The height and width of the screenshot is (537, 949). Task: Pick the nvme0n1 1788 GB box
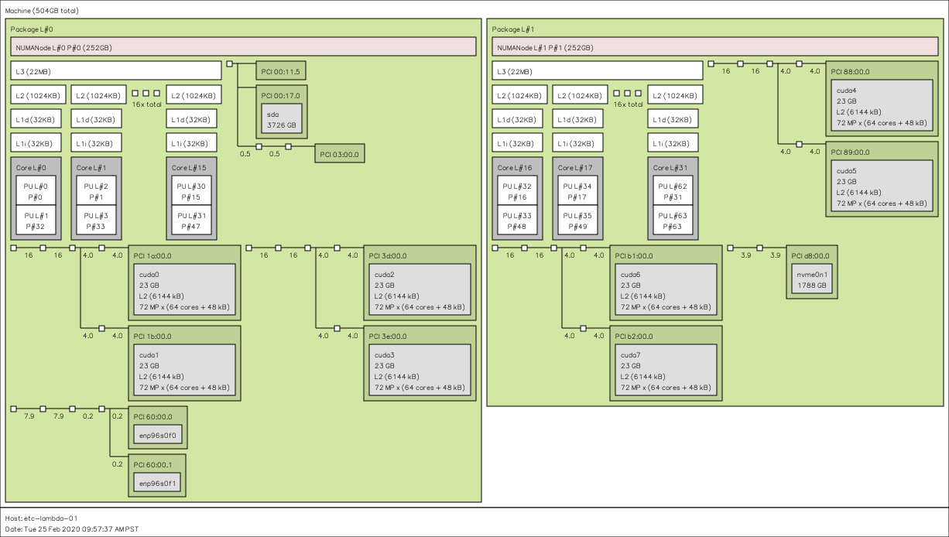tap(811, 279)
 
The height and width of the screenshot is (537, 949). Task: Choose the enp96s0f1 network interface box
tap(160, 483)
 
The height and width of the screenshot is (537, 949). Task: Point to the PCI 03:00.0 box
tap(339, 154)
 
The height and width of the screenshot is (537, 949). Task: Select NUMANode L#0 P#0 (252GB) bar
tap(243, 47)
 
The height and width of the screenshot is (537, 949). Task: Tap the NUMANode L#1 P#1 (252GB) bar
tap(715, 47)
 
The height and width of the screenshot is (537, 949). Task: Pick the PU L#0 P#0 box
tap(36, 191)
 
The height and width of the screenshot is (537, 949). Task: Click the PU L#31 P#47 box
tap(191, 221)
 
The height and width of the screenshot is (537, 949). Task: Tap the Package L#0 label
tap(32, 29)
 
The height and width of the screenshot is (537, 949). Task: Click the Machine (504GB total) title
tap(41, 11)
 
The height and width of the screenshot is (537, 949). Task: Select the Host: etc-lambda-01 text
tap(41, 518)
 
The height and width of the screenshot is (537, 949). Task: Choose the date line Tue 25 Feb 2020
tap(72, 528)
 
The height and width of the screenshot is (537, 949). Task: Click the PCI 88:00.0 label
tap(850, 71)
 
